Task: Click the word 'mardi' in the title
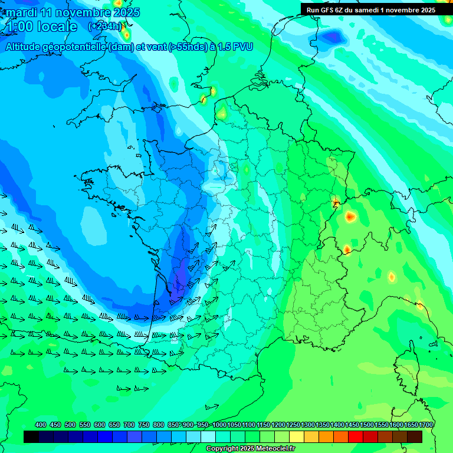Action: (21, 12)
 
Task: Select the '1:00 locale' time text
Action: (41, 27)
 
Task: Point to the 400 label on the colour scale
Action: (41, 425)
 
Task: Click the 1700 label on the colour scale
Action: (426, 425)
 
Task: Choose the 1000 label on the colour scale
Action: (219, 425)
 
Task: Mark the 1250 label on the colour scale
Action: (293, 425)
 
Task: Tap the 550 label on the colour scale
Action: (85, 425)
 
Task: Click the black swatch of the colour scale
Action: (31, 436)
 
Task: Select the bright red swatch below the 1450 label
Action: (355, 436)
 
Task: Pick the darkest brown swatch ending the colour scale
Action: (415, 436)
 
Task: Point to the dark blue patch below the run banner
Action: (333, 37)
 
